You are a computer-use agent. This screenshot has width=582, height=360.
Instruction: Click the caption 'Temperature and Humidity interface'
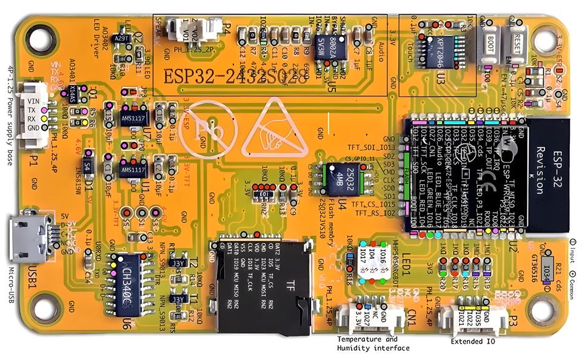pyautogui.click(x=373, y=344)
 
